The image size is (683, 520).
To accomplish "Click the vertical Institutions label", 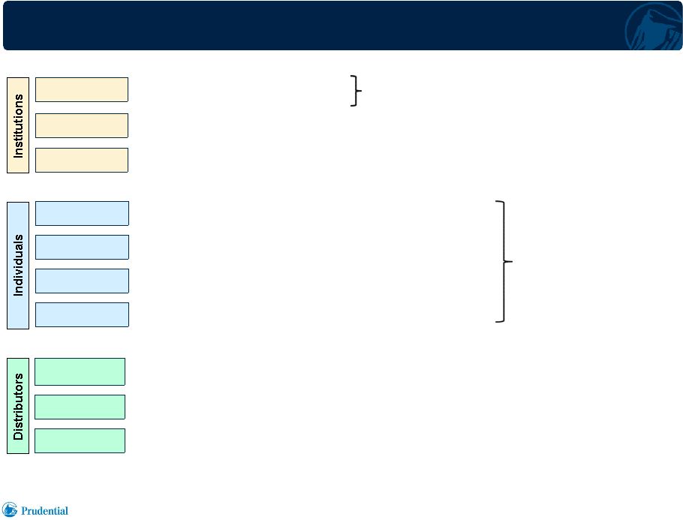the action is [18, 125].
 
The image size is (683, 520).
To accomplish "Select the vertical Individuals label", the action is [18, 265].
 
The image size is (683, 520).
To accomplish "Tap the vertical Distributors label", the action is [18, 406].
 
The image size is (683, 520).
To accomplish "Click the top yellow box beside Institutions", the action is [82, 90].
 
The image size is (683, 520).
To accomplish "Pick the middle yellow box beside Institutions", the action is [82, 125].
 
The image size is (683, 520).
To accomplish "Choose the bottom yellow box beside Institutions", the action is [82, 161].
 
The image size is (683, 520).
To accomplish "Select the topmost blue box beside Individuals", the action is [82, 213].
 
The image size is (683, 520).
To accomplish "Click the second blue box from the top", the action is [82, 247].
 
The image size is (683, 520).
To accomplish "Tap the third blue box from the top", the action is [82, 281].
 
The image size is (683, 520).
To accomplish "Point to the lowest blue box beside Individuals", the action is [82, 314].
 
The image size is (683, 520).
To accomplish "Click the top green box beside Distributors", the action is [80, 371].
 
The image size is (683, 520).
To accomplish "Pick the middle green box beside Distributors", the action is [80, 407].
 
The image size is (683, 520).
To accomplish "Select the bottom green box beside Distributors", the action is [80, 440].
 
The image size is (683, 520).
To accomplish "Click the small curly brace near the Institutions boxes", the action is [357, 91].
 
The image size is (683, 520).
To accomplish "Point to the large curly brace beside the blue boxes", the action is [504, 261].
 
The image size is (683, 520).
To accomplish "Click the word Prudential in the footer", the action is [44, 511].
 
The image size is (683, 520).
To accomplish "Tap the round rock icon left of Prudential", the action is [10, 509].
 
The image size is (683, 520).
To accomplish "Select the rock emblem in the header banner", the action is [654, 28].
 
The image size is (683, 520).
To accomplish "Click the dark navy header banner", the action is [342, 26].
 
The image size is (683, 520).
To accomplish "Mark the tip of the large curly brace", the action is [513, 261].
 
